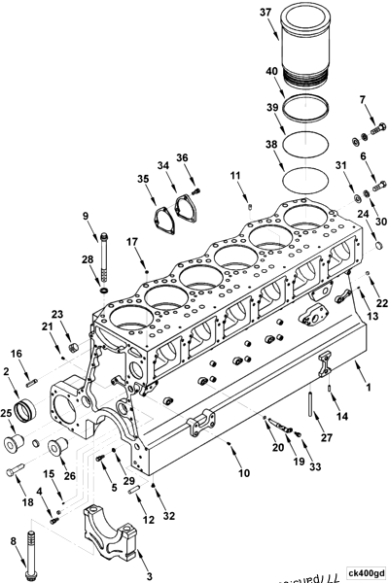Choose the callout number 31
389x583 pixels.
pos(340,165)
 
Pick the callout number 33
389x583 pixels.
pos(314,468)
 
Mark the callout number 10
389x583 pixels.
pos(244,473)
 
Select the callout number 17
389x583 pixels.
pos(132,241)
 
